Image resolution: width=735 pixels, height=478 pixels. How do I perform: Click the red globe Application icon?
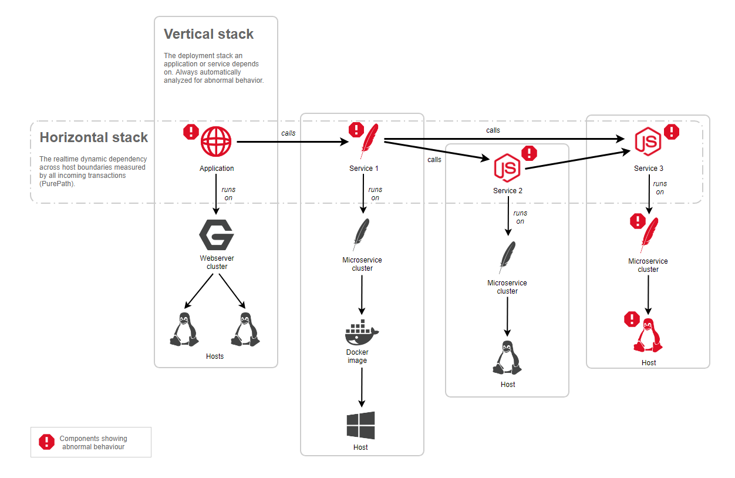216,142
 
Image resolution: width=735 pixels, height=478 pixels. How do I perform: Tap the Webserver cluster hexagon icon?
217,235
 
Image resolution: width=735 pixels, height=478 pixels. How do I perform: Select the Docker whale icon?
362,332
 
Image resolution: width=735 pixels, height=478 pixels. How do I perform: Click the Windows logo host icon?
360,426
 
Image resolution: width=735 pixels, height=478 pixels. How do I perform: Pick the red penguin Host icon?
648,335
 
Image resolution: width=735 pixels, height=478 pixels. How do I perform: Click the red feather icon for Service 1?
369,141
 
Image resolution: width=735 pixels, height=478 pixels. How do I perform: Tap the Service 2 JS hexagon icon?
507,168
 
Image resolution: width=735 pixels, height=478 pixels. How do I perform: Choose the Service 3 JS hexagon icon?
648,142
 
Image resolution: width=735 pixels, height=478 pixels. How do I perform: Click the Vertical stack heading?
208,34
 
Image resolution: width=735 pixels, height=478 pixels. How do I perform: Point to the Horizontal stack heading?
94,137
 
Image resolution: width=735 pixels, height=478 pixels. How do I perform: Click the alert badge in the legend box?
46,442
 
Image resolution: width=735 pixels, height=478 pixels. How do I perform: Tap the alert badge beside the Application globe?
191,132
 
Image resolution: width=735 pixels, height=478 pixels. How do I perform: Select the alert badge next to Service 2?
530,153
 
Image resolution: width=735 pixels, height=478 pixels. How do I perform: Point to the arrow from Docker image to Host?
362,388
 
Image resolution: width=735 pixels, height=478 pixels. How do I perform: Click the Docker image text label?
357,356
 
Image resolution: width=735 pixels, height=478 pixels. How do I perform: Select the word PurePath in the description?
56,184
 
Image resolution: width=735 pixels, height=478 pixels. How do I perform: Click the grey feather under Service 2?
507,257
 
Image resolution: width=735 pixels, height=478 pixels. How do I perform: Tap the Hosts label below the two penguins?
215,356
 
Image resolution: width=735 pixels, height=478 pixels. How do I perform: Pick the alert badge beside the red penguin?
632,319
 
